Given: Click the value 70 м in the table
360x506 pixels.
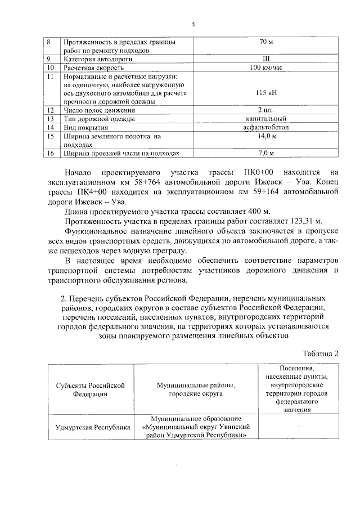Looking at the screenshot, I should tap(265, 42).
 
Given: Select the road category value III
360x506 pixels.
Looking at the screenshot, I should tap(265, 59).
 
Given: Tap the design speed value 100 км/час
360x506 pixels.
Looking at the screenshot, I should tap(266, 68).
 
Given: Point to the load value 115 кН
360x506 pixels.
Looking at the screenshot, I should tap(266, 93).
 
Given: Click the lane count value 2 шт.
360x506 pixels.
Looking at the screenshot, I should tap(266, 110).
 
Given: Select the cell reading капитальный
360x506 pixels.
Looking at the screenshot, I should tap(266, 119).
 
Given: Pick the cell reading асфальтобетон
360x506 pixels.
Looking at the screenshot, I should tap(266, 127).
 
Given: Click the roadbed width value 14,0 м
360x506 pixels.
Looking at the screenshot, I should tap(266, 136).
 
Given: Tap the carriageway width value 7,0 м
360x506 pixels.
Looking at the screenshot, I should tap(266, 153).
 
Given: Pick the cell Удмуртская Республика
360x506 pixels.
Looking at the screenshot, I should tap(89, 427).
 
